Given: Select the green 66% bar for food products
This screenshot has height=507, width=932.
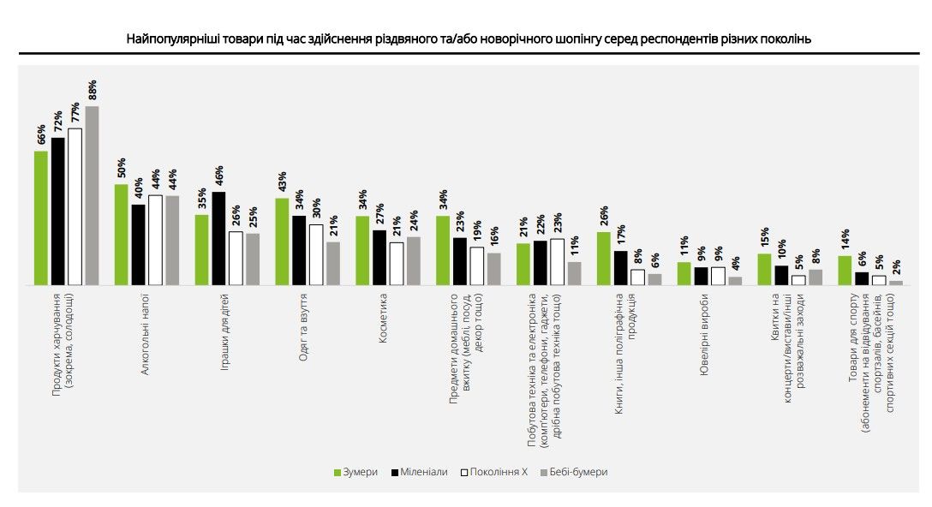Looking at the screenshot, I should (41, 218).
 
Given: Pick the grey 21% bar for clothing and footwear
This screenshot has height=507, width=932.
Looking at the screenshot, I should (333, 263).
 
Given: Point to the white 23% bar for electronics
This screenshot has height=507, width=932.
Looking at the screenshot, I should (558, 261).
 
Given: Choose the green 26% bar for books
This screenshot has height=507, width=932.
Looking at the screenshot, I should (604, 258).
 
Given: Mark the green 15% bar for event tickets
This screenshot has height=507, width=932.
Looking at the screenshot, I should (765, 269).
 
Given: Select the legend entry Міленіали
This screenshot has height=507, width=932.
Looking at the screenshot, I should (420, 472).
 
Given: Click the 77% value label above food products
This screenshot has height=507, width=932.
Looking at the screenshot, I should (75, 114).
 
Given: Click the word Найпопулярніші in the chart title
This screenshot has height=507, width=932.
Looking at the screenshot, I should (169, 39).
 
